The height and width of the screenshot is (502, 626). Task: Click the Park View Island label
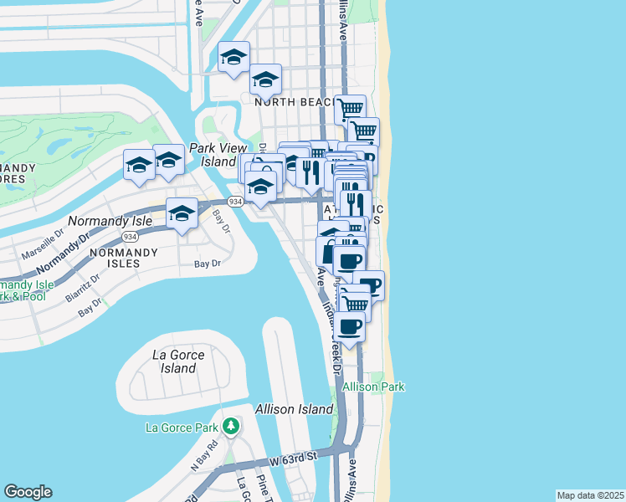click(x=213, y=155)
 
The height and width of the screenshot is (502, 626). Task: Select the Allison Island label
click(x=288, y=409)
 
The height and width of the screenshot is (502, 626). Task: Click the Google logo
click(x=28, y=492)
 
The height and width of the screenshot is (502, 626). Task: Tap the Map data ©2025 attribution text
click(x=590, y=495)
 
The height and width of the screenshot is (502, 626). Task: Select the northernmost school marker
click(x=233, y=57)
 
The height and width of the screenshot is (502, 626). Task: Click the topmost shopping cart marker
click(x=350, y=108)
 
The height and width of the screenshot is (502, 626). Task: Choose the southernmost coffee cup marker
click(x=351, y=325)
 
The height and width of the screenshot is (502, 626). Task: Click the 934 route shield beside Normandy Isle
click(x=130, y=237)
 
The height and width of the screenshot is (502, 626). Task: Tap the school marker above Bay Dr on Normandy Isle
click(x=182, y=213)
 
